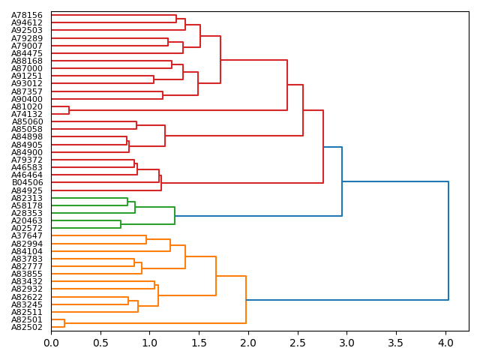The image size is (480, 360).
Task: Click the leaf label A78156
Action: [x=27, y=15]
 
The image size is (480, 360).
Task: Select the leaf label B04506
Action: [x=27, y=182]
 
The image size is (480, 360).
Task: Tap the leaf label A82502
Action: [x=27, y=327]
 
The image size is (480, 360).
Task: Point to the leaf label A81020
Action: [x=27, y=106]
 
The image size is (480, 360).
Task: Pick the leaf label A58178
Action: [x=27, y=205]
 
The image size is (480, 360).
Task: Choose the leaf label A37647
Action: [x=27, y=235]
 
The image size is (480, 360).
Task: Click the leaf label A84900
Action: [x=27, y=152]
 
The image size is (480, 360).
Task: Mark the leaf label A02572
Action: [x=27, y=228]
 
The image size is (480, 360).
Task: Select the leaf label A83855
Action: [x=27, y=274]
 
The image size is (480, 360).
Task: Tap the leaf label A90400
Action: [x=27, y=99]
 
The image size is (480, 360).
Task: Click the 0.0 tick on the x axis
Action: [x=51, y=342]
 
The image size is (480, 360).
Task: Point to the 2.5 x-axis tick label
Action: [x=298, y=342]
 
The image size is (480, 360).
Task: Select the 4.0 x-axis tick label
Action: [x=445, y=342]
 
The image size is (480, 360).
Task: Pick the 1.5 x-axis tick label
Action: [x=199, y=342]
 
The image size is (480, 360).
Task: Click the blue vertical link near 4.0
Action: [x=448, y=241]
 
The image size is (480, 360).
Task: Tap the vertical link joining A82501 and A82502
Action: [x=64, y=323]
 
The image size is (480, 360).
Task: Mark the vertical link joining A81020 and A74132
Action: [x=69, y=110]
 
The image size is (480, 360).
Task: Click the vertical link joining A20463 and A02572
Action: [x=121, y=224]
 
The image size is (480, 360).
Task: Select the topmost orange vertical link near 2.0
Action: [x=246, y=300]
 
